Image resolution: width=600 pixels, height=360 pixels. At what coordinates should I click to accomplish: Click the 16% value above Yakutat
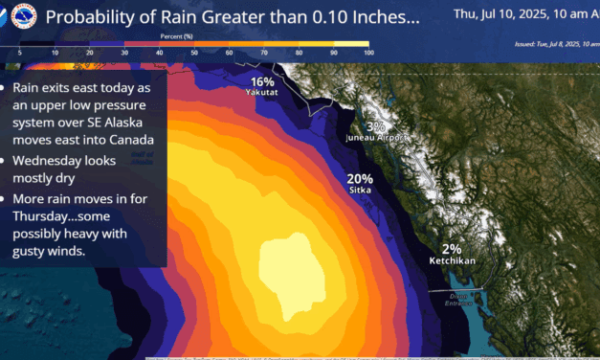point(262,82)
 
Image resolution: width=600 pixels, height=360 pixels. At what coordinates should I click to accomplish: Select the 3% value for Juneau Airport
point(375,125)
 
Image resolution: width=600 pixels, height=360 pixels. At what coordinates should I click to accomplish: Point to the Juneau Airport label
point(376,138)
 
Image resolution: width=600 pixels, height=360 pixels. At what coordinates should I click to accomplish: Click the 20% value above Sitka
point(360,178)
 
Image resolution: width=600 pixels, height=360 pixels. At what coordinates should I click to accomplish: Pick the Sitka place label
point(360,191)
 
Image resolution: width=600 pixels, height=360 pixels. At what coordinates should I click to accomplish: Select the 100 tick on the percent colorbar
point(368,53)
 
